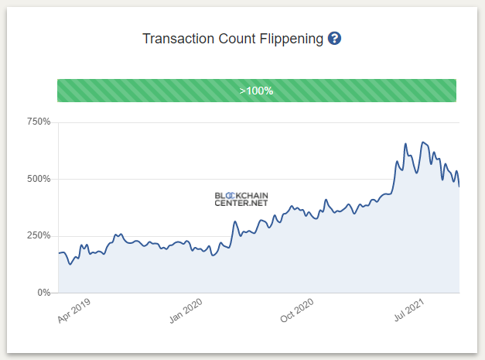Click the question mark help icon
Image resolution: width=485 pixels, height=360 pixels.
coord(334,39)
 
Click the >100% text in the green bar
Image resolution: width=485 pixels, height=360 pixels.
coord(256,91)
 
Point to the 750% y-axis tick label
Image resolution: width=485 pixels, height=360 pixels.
coord(38,122)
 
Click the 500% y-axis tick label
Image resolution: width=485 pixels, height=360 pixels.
coord(38,179)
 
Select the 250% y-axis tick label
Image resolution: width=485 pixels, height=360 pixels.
coord(38,235)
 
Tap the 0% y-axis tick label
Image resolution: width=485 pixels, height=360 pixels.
coord(43,293)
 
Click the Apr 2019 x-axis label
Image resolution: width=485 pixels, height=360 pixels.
coord(75,312)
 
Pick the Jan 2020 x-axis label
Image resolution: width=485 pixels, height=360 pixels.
coord(186,312)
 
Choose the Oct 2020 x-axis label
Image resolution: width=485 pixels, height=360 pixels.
coord(298,312)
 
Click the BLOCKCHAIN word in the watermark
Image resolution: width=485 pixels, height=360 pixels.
coord(241,195)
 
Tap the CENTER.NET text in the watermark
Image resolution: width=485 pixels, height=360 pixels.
coord(241,204)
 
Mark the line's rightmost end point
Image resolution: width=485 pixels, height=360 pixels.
coord(459,187)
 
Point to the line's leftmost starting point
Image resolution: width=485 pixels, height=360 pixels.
coord(58,253)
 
